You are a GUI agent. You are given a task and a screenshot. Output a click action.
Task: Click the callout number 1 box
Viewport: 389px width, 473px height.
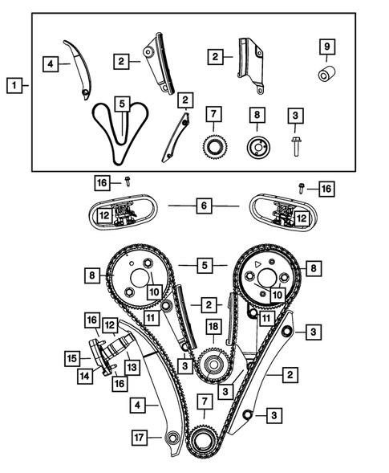click(13, 83)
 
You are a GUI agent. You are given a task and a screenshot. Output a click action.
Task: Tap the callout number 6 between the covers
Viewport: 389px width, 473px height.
click(203, 206)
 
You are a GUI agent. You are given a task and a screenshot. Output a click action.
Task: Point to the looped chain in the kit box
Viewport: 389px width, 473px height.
click(121, 133)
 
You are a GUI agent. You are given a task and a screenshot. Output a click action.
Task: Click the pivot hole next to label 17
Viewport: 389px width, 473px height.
click(170, 438)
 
